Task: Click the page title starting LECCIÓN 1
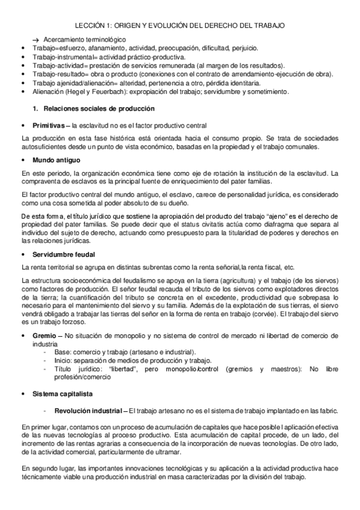pyautogui.click(x=180, y=26)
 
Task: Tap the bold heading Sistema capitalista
pyautogui.click(x=63, y=393)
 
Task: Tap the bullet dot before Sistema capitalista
pyautogui.click(x=23, y=393)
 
